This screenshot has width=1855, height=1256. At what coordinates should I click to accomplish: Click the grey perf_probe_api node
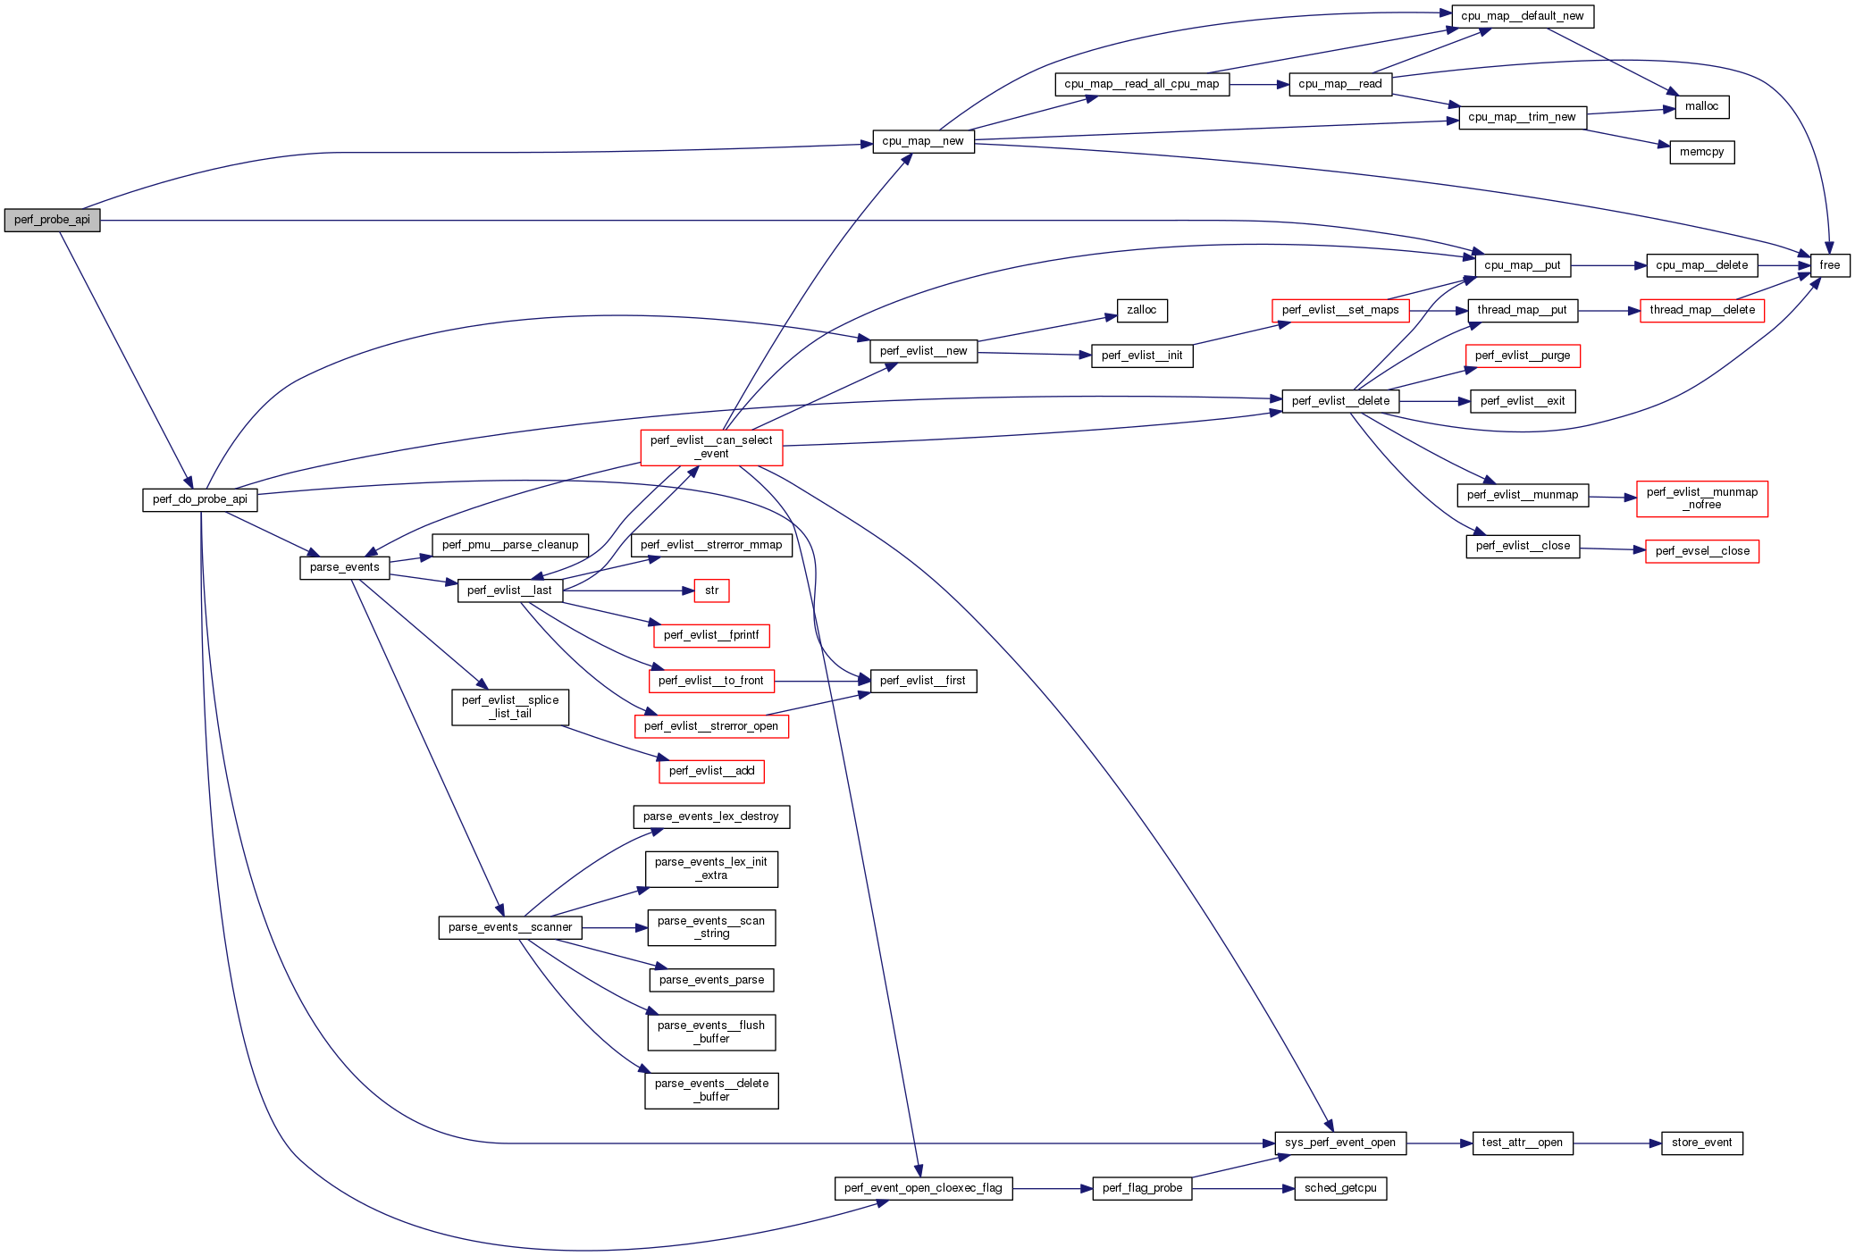pyautogui.click(x=52, y=220)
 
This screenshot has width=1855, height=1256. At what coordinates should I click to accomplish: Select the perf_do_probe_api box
pyautogui.click(x=200, y=499)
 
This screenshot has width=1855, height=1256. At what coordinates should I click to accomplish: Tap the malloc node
pyautogui.click(x=1701, y=106)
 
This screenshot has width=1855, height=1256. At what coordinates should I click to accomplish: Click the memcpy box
pyautogui.click(x=1701, y=152)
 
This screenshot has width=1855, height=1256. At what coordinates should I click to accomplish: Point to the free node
pyautogui.click(x=1829, y=265)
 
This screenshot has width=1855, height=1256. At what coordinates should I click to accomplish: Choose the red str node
pyautogui.click(x=711, y=590)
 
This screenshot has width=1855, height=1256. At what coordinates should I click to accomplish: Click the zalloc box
pyautogui.click(x=1141, y=310)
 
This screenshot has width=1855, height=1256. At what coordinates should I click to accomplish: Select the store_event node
pyautogui.click(x=1701, y=1143)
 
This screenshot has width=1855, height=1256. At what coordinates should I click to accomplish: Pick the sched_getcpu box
pyautogui.click(x=1340, y=1188)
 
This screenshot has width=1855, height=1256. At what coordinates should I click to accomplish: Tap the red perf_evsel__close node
pyautogui.click(x=1701, y=551)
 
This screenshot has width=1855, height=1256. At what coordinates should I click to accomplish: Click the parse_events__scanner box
pyautogui.click(x=510, y=927)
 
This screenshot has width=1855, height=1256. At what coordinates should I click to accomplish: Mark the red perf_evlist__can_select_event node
pyautogui.click(x=711, y=447)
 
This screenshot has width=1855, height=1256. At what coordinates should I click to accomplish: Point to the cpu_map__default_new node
pyautogui.click(x=1522, y=16)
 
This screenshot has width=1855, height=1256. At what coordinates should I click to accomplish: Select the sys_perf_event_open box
pyautogui.click(x=1339, y=1143)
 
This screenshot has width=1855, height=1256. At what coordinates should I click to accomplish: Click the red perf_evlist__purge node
pyautogui.click(x=1522, y=356)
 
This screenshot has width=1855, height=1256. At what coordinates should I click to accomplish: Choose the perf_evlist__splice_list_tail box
pyautogui.click(x=510, y=707)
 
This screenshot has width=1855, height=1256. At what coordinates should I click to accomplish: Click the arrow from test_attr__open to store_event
pyautogui.click(x=1617, y=1143)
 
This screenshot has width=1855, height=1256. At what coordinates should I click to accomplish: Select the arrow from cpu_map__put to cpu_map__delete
pyautogui.click(x=1608, y=265)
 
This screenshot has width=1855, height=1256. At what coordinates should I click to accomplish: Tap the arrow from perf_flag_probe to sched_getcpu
pyautogui.click(x=1243, y=1189)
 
